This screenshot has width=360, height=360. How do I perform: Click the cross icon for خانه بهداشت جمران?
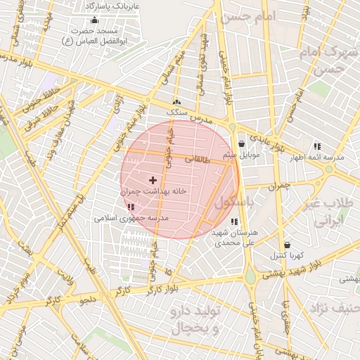tap(153, 181)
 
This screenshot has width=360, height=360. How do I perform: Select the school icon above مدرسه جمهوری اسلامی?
tap(131, 207)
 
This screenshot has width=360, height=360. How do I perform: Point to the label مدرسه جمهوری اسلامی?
tap(132, 219)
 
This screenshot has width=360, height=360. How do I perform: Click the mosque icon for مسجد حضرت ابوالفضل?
tap(94, 20)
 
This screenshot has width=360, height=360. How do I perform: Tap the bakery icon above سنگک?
tap(176, 103)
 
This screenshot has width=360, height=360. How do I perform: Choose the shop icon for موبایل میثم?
tap(241, 143)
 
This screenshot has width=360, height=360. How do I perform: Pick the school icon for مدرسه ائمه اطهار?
tap(316, 146)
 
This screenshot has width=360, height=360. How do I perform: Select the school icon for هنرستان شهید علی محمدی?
tap(234, 221)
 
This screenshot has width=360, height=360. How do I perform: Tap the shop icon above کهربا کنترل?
tap(285, 245)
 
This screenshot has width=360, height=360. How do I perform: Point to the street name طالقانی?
tap(198, 160)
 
